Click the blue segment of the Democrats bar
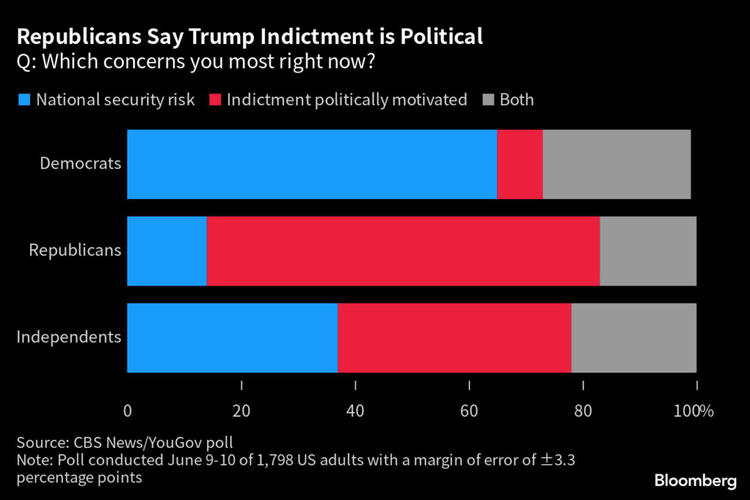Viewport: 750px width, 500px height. (x=312, y=164)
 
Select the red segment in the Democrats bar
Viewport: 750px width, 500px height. (x=520, y=164)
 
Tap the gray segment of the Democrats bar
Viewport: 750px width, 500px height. (x=617, y=164)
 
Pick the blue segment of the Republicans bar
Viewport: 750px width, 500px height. (x=167, y=251)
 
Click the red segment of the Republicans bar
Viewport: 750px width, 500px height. (x=403, y=251)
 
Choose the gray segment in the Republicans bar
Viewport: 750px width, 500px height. (x=648, y=251)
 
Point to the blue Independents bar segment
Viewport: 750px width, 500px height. (x=232, y=337)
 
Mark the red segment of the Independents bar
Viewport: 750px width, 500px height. (x=454, y=337)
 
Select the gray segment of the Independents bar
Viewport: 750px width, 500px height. (x=634, y=337)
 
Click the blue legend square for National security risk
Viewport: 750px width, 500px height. (x=24, y=100)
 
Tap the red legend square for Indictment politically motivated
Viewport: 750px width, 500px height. (x=215, y=100)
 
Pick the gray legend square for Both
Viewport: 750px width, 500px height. (x=488, y=100)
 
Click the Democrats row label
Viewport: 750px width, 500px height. (x=81, y=163)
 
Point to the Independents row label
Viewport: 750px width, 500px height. (x=69, y=337)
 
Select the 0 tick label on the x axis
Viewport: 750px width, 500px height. (x=127, y=411)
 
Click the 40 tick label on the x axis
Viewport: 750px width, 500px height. (x=355, y=411)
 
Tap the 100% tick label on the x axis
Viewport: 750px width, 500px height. (x=694, y=411)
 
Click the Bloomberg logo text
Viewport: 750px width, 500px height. (x=695, y=481)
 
